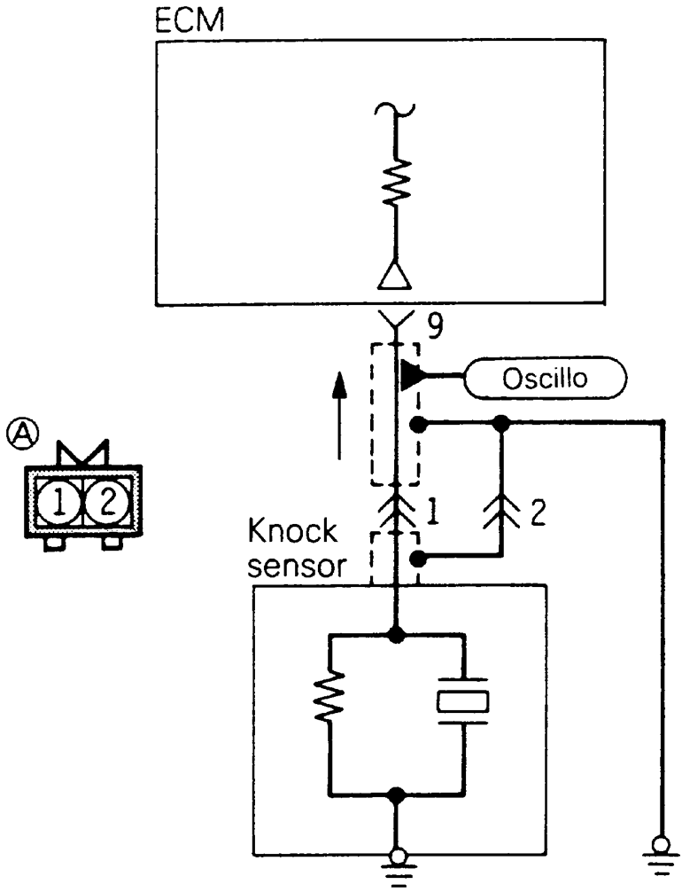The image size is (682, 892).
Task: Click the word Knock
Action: [x=291, y=533]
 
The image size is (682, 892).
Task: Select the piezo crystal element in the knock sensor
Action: [x=462, y=701]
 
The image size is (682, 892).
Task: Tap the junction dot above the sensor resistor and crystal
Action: [x=396, y=634]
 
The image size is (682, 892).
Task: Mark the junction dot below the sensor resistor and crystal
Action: [x=396, y=792]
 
